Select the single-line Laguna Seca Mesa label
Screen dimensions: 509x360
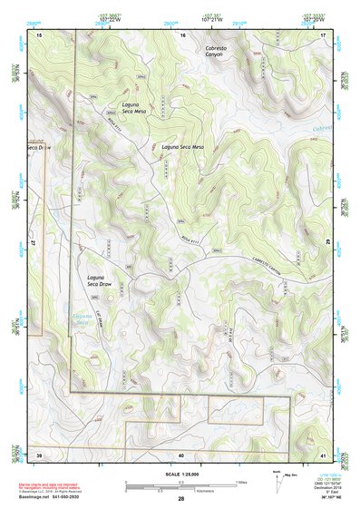pyautogui.click(x=183, y=146)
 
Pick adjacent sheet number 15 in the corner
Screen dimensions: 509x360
pyautogui.click(x=39, y=34)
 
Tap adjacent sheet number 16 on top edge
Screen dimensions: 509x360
pyautogui.click(x=182, y=34)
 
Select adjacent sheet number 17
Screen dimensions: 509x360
pyautogui.click(x=325, y=34)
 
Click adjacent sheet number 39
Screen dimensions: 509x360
pyautogui.click(x=39, y=454)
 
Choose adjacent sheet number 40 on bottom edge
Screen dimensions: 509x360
pyautogui.click(x=181, y=454)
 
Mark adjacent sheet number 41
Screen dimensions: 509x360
pyautogui.click(x=325, y=454)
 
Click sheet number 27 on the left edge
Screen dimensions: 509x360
pyautogui.click(x=33, y=243)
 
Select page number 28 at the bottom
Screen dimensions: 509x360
pyautogui.click(x=181, y=499)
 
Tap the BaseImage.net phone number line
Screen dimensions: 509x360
pyautogui.click(x=54, y=499)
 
